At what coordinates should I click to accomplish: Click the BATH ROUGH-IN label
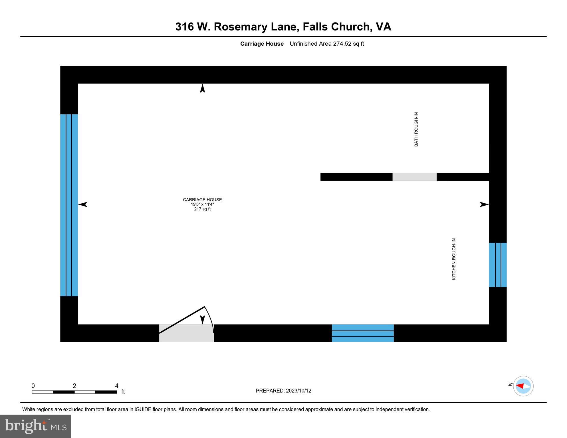(416, 129)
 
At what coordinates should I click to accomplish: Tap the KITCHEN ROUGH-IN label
(454, 259)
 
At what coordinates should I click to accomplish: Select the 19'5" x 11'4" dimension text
(202, 204)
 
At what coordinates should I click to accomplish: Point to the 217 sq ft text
(202, 209)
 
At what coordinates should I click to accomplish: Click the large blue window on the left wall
(69, 205)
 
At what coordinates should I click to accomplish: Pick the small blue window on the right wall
(498, 265)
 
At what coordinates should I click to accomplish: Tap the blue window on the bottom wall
(363, 333)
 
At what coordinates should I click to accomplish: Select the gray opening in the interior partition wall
(414, 177)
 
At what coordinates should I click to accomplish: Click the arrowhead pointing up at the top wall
(203, 88)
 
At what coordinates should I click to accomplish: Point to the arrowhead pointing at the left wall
(83, 204)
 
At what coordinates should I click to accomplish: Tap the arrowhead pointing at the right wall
(484, 204)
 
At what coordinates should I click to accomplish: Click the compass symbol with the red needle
(523, 386)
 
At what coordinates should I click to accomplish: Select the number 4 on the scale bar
(117, 386)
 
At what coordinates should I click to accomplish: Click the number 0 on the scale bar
(33, 386)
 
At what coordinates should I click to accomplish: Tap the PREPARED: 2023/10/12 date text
(283, 391)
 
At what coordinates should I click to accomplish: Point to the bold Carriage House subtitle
(262, 44)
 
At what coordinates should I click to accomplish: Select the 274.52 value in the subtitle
(342, 44)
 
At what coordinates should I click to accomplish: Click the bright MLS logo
(36, 426)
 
